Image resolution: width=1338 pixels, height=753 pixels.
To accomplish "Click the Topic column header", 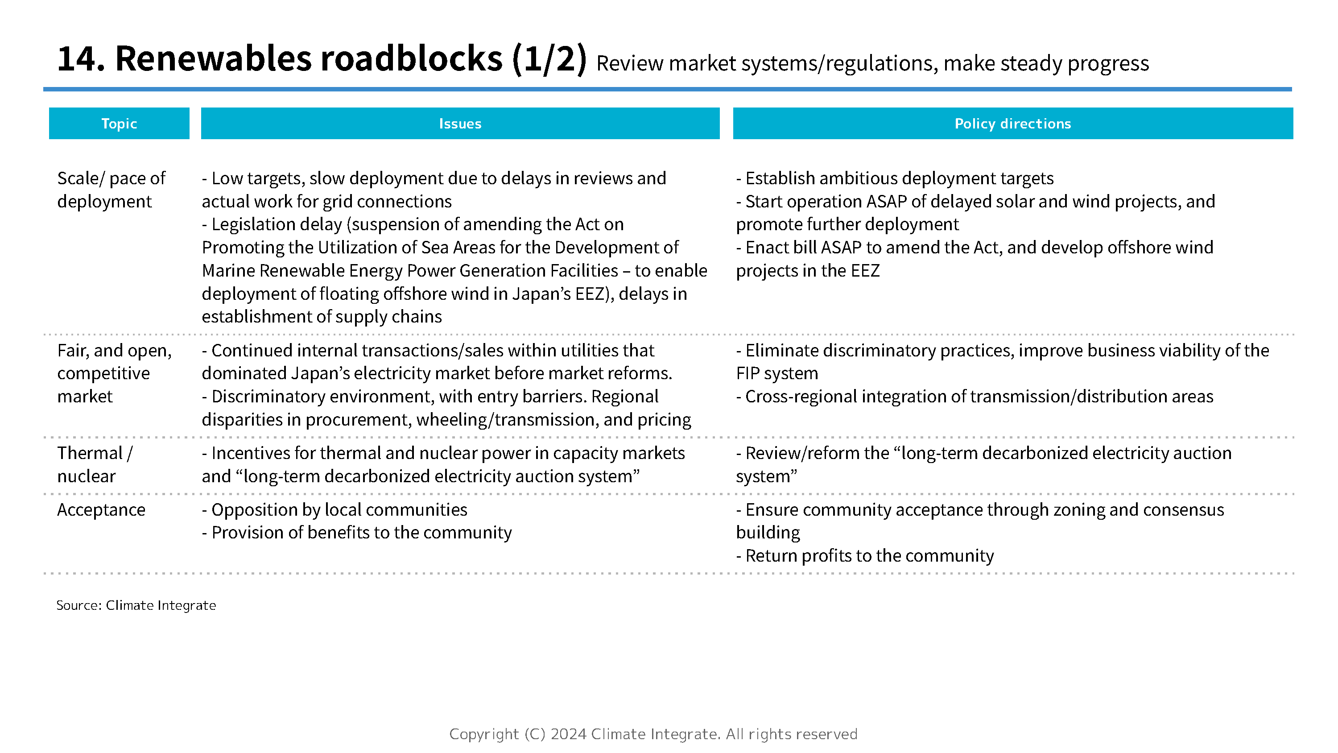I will (119, 124).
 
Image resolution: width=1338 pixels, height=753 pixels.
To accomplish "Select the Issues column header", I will (460, 124).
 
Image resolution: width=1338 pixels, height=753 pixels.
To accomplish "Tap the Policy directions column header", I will (1012, 124).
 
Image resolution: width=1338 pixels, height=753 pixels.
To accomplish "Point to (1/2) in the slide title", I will (549, 59).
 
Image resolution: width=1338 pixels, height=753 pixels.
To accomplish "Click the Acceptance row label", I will (101, 510).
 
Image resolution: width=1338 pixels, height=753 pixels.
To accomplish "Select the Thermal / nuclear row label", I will (95, 464).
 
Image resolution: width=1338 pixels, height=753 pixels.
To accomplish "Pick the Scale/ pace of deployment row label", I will (111, 190).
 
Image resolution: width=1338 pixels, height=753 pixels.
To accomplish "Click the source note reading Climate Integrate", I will (161, 605).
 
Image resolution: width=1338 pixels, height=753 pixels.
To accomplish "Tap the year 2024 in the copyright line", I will (568, 734).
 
